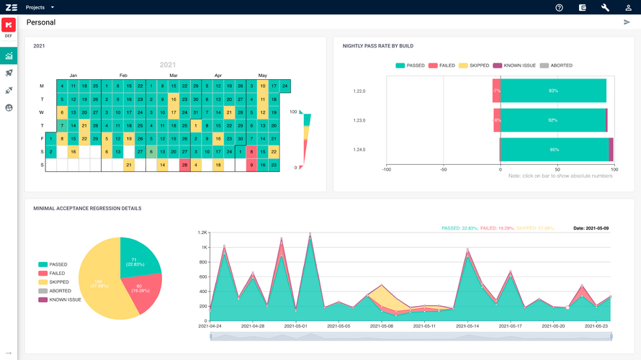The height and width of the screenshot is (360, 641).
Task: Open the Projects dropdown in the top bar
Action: point(40,7)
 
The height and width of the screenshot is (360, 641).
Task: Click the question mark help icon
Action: point(559,7)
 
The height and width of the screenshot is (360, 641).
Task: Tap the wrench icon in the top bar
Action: point(605,7)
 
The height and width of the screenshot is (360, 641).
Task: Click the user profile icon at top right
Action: point(628,7)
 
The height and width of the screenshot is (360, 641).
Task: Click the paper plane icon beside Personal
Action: point(627,22)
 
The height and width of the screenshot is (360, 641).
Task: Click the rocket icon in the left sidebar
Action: point(9,73)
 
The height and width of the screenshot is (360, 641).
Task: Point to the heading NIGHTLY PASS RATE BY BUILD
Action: point(378,46)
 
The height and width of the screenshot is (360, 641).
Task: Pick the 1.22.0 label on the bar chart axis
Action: point(359,91)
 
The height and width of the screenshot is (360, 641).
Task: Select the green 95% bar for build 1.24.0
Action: point(554,150)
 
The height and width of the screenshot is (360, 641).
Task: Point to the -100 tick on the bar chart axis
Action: point(386,170)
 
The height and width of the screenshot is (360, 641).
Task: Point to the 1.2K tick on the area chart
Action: point(203,233)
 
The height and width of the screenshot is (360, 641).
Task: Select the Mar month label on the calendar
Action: point(174,75)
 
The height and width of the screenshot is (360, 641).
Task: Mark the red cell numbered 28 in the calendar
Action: point(184,165)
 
